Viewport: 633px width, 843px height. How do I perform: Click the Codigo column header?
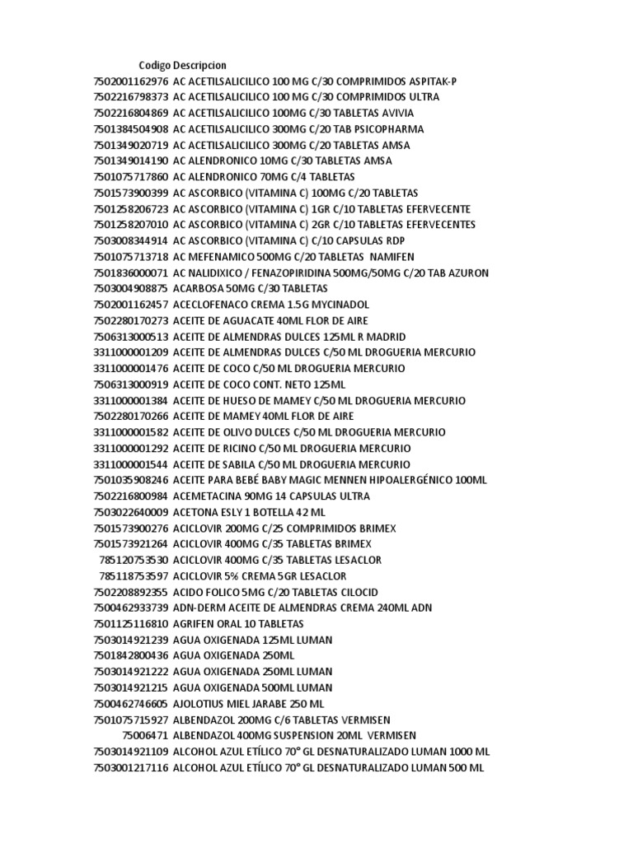tap(154, 65)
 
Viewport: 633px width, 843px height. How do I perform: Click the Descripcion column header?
tap(199, 65)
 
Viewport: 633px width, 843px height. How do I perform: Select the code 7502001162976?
tap(131, 82)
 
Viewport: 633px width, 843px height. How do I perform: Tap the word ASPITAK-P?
tap(430, 82)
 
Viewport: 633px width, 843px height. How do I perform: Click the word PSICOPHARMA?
tap(386, 129)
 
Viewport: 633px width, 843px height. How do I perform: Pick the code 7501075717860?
tap(131, 177)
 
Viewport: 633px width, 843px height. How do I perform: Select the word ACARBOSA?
tap(200, 288)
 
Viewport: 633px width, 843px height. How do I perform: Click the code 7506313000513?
tap(131, 337)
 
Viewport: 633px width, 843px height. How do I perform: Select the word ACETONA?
tap(196, 512)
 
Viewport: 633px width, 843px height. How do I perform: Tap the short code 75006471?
tap(144, 735)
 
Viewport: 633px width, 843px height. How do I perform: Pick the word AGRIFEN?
tap(197, 624)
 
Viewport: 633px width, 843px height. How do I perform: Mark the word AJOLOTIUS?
tap(202, 704)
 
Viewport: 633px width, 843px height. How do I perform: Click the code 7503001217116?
tap(131, 767)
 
